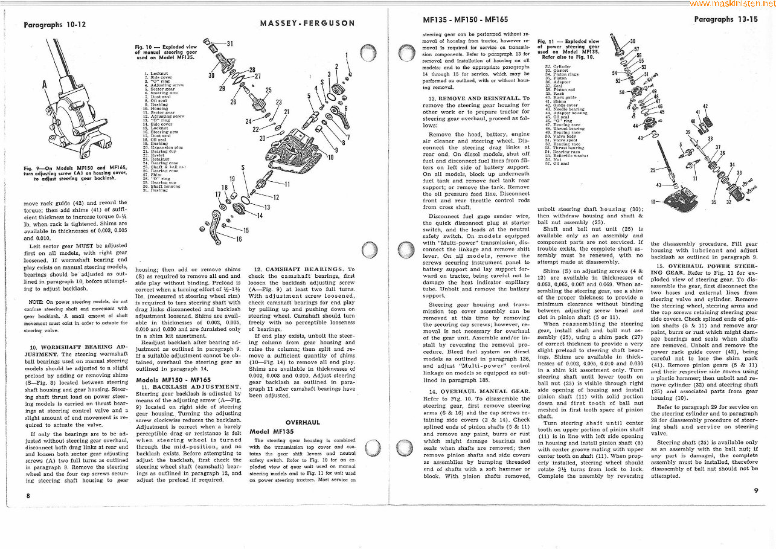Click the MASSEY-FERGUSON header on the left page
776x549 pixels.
coord(307,24)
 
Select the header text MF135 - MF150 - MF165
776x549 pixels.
coord(466,19)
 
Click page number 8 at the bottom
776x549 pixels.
coord(28,495)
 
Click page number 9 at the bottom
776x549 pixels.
coord(755,490)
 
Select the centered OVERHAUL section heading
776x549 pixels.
coord(303,422)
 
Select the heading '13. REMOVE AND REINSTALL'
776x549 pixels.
coord(479,98)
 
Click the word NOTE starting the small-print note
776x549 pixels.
coord(35,301)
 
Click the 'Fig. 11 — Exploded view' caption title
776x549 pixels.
coord(568,42)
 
